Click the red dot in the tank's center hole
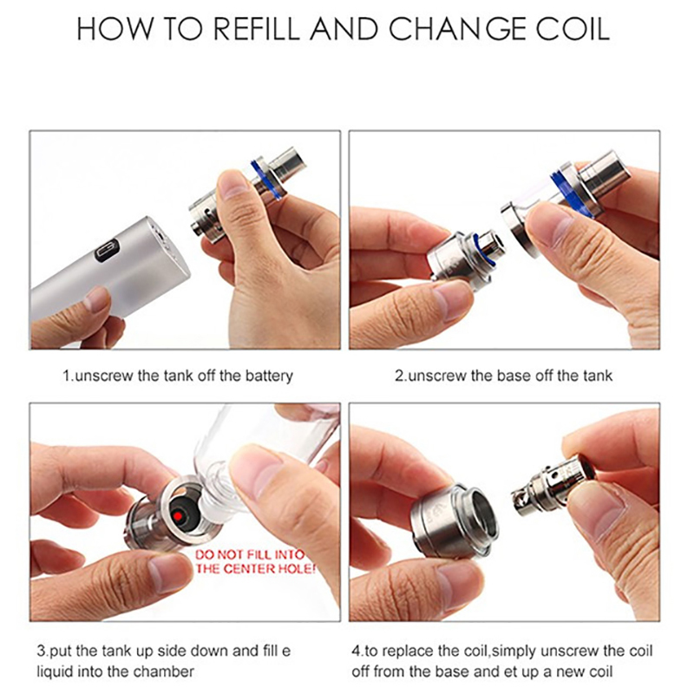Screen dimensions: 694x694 click(179, 516)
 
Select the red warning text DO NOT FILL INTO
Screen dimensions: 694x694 click(250, 554)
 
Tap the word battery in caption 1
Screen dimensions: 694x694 click(269, 376)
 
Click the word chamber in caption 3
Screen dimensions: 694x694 click(164, 671)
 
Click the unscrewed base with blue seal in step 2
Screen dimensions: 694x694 click(465, 258)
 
